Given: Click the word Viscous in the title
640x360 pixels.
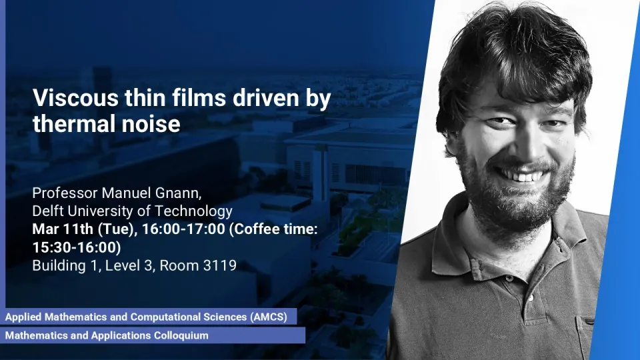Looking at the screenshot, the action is [75, 98].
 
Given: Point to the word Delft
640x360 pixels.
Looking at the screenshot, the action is [48, 211].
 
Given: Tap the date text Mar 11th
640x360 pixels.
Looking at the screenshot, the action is [63, 229].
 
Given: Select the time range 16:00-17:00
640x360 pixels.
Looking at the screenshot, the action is [184, 229].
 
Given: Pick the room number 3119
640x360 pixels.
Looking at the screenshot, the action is [220, 266].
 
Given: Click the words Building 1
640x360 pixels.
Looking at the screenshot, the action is [65, 266].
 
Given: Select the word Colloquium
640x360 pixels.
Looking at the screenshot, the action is [181, 335].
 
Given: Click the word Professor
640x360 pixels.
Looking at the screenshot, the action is [65, 193].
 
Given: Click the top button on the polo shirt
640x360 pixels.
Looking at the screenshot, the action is [509, 279].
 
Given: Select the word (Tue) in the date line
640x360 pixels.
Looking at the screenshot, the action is [117, 229].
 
